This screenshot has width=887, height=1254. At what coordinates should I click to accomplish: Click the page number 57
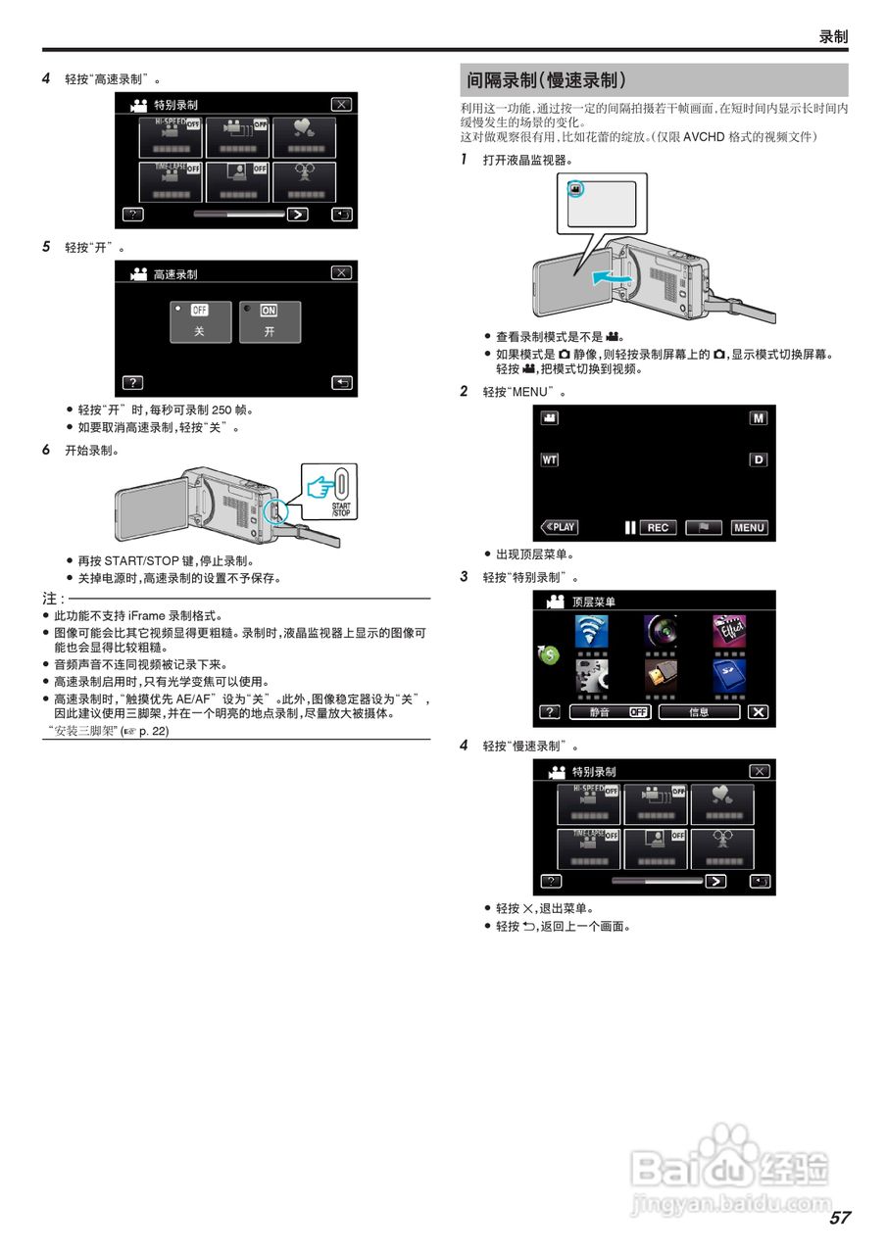coord(839,1218)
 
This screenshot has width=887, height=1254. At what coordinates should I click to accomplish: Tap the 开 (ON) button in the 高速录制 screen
coord(270,321)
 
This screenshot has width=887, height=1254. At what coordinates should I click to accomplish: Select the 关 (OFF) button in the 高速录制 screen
coord(200,321)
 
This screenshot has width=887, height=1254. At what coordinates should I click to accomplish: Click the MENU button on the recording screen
coord(749,527)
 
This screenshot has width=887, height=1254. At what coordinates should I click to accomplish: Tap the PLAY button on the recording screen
coord(560,527)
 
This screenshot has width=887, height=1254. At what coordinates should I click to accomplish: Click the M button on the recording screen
coord(758,417)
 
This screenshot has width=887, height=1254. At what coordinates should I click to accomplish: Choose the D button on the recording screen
coord(758,459)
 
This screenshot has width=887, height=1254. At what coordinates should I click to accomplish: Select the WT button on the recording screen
coord(550,459)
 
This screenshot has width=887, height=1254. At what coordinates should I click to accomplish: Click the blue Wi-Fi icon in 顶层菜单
coord(590,631)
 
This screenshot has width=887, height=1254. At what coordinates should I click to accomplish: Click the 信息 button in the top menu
coord(699,712)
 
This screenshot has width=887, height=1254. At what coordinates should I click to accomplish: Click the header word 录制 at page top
coord(832,36)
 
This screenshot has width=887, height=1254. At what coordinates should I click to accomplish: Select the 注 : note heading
coord(53,598)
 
